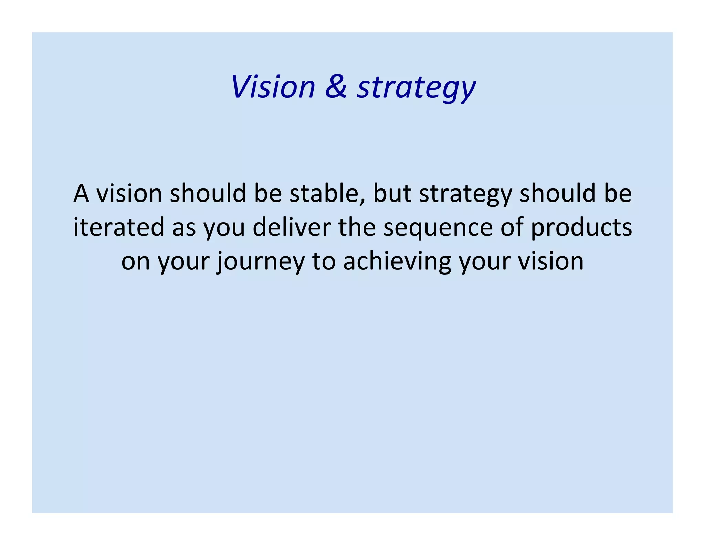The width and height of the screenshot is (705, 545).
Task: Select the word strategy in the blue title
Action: point(416,88)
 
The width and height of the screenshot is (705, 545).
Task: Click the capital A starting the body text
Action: point(81,194)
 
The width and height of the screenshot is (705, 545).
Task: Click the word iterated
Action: point(119,227)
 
